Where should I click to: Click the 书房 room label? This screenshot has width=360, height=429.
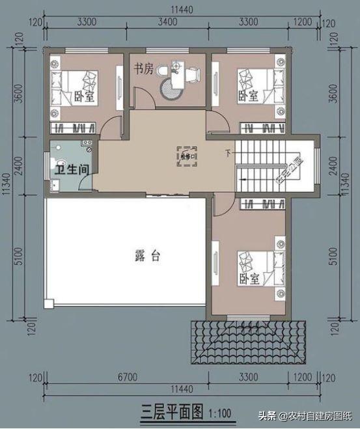[144, 69]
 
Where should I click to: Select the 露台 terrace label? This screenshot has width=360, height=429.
[147, 256]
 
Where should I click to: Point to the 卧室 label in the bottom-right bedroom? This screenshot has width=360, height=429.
[249, 279]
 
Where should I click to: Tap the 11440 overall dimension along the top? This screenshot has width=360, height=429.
[179, 7]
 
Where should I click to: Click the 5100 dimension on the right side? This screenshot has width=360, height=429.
[335, 257]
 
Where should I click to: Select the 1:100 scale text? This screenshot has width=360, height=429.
[219, 413]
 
